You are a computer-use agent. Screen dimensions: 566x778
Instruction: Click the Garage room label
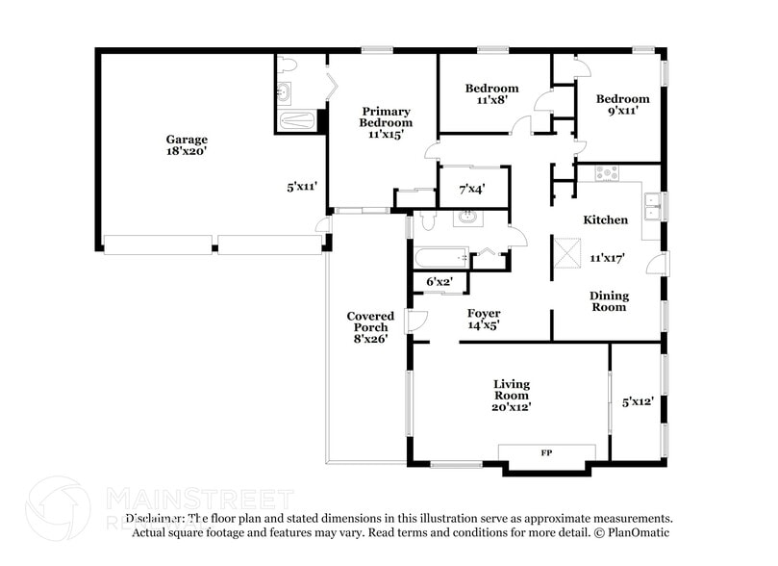[186, 140]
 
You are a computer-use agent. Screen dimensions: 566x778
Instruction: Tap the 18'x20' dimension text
[186, 152]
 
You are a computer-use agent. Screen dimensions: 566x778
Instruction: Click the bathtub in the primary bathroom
[295, 122]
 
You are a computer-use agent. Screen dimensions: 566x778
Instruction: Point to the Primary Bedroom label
[386, 117]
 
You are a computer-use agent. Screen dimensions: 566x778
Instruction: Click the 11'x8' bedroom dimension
[491, 100]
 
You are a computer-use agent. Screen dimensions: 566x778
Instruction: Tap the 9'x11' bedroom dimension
[622, 111]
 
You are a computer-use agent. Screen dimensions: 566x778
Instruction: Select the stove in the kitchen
[607, 174]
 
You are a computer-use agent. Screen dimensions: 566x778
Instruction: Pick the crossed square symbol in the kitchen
[564, 250]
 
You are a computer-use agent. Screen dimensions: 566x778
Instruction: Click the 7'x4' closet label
[471, 190]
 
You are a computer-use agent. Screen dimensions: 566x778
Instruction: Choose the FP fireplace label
[546, 452]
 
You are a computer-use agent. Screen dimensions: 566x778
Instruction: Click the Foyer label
[484, 314]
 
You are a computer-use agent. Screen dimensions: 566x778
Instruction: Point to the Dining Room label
[609, 301]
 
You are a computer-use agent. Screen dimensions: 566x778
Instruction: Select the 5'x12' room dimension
[638, 402]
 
